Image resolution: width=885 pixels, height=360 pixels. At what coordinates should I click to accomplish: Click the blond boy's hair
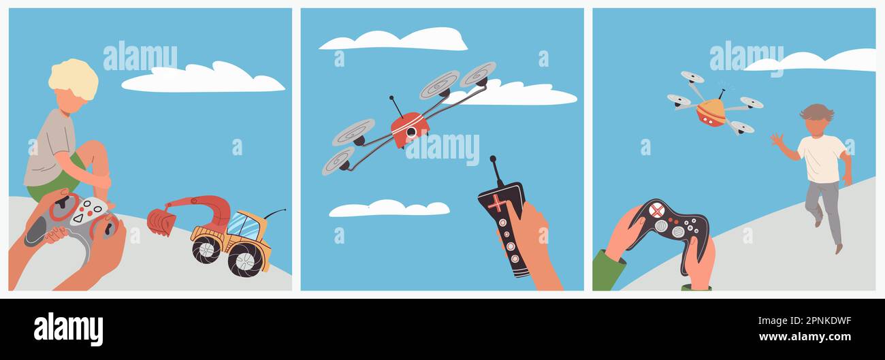74,79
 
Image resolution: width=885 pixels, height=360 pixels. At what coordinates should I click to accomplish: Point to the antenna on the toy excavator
274,214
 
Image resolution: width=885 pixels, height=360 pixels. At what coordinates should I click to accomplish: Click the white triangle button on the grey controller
78,218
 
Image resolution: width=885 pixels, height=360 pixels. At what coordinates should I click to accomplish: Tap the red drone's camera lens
412,132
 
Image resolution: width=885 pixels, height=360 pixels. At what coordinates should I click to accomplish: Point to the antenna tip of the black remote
493,159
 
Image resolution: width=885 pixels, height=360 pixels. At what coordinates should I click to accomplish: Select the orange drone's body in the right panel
711,113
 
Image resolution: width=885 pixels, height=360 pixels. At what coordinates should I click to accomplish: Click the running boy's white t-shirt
821,159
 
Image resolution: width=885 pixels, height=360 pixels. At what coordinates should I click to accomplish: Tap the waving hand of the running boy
777,140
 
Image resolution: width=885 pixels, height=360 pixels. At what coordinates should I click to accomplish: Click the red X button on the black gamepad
657,210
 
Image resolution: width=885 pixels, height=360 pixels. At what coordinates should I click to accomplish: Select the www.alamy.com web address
805,337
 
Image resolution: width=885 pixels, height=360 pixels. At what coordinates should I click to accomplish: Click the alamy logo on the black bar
68,329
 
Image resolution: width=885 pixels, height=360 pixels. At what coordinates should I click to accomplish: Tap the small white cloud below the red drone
389,208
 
